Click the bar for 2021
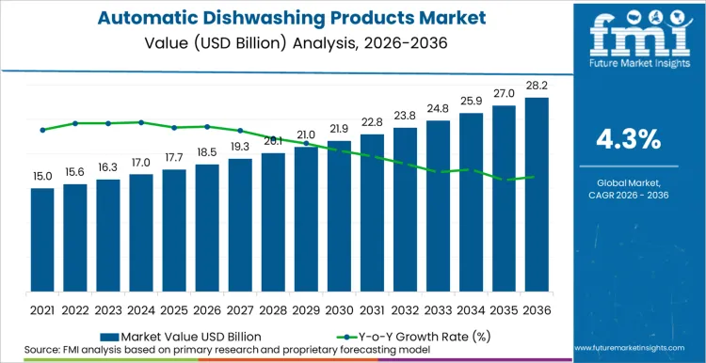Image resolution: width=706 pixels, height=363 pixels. click(42, 242)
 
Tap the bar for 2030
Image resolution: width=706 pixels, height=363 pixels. click(339, 218)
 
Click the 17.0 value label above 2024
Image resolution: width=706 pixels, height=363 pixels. click(141, 163)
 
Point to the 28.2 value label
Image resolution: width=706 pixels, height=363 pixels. click(537, 86)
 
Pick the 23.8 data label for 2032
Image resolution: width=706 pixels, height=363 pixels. click(405, 116)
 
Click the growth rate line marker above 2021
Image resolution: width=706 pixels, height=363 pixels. click(42, 130)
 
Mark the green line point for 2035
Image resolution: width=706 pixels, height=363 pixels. click(504, 179)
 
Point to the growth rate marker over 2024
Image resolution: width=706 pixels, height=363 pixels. click(141, 122)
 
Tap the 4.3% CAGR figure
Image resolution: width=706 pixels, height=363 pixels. click(629, 139)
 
